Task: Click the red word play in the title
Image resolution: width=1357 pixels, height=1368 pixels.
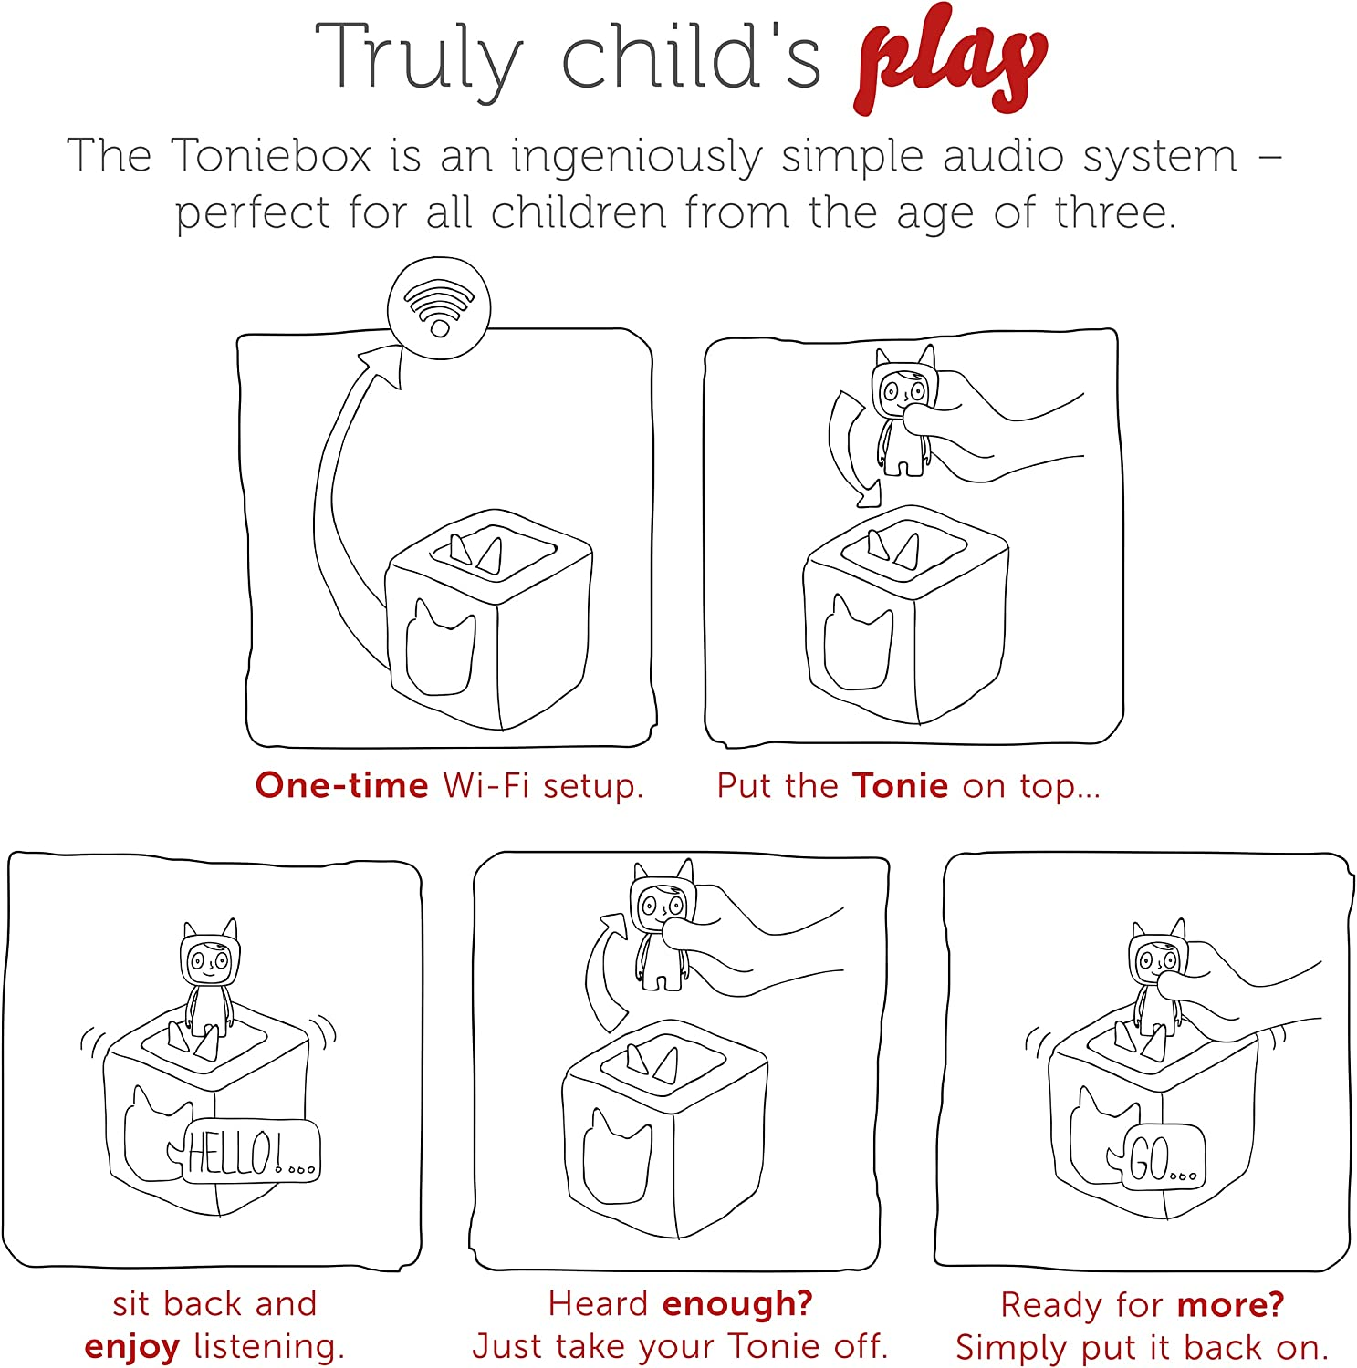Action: coord(951,62)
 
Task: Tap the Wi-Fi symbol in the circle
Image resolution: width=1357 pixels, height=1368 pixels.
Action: coord(440,307)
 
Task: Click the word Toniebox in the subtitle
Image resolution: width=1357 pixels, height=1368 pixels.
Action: coord(271,155)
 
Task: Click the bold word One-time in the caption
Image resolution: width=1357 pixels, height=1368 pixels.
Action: coord(341,785)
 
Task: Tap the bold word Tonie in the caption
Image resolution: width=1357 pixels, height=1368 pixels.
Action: coord(900,785)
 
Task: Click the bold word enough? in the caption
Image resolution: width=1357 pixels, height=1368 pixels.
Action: coord(737,1304)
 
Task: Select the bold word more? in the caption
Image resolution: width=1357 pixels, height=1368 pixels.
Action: coord(1231,1305)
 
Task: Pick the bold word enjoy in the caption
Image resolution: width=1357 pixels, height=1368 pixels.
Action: coord(131,1348)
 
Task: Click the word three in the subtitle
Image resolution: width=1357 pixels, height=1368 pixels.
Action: coord(1114,212)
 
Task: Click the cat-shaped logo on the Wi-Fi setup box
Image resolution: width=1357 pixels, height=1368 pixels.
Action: coord(440,647)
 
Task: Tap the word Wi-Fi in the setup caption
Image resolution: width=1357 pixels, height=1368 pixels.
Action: coord(486,784)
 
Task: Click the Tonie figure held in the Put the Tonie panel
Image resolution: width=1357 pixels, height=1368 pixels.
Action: coord(904,410)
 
